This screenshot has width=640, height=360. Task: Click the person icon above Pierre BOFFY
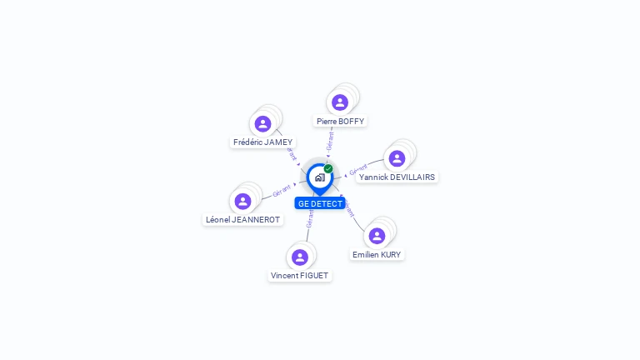[340, 102]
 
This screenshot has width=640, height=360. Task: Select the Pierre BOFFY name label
[340, 121]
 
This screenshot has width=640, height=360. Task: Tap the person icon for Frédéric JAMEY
[263, 124]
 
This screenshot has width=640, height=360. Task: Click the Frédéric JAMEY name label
[263, 142]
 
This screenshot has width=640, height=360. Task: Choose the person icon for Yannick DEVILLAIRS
[397, 158]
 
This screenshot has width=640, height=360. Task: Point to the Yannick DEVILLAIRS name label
[397, 177]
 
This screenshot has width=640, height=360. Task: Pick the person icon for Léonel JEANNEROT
[243, 201]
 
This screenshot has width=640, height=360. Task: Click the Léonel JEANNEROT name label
[243, 219]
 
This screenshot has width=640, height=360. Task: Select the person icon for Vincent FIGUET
[300, 257]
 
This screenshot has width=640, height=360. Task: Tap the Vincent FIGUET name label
[300, 275]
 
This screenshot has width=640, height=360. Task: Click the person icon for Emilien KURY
[377, 236]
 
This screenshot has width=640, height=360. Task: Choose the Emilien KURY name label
[377, 254]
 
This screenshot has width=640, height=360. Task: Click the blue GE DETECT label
[320, 203]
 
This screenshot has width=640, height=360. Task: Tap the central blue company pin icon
[319, 177]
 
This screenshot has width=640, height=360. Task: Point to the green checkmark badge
[328, 168]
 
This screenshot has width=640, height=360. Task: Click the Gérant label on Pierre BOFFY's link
[331, 141]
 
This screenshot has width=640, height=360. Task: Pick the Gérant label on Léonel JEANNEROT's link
[282, 191]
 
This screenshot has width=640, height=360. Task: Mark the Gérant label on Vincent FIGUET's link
[310, 218]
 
